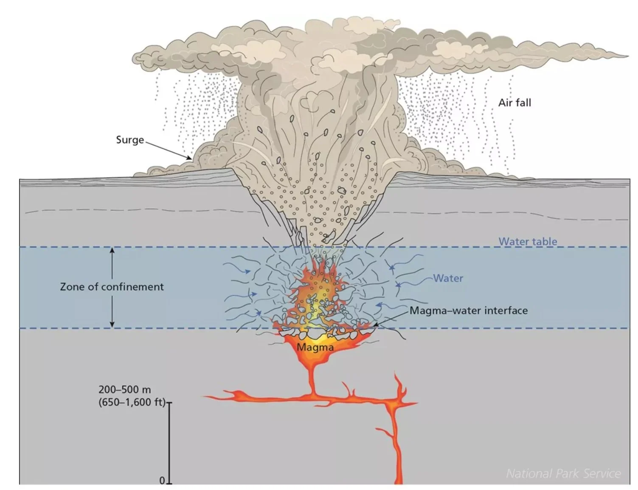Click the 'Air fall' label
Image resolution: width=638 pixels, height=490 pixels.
click(514, 103)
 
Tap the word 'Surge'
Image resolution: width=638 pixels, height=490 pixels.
click(130, 140)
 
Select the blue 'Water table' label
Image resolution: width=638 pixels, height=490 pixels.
click(528, 241)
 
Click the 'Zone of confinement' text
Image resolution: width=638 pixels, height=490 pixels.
click(112, 287)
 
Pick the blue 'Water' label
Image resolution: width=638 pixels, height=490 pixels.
click(448, 278)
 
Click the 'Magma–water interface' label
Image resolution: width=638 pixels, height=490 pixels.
click(469, 311)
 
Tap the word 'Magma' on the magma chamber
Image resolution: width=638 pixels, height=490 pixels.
click(315, 347)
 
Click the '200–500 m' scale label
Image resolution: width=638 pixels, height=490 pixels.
click(124, 389)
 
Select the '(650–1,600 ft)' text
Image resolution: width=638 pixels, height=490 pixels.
click(132, 402)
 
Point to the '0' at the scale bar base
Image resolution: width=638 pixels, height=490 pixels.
click(162, 480)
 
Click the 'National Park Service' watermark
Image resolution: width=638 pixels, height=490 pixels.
click(563, 473)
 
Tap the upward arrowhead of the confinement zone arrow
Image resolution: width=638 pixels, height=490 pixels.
click(112, 250)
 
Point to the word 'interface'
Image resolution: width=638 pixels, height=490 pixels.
click(506, 311)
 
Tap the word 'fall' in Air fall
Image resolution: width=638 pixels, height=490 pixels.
click(523, 103)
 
